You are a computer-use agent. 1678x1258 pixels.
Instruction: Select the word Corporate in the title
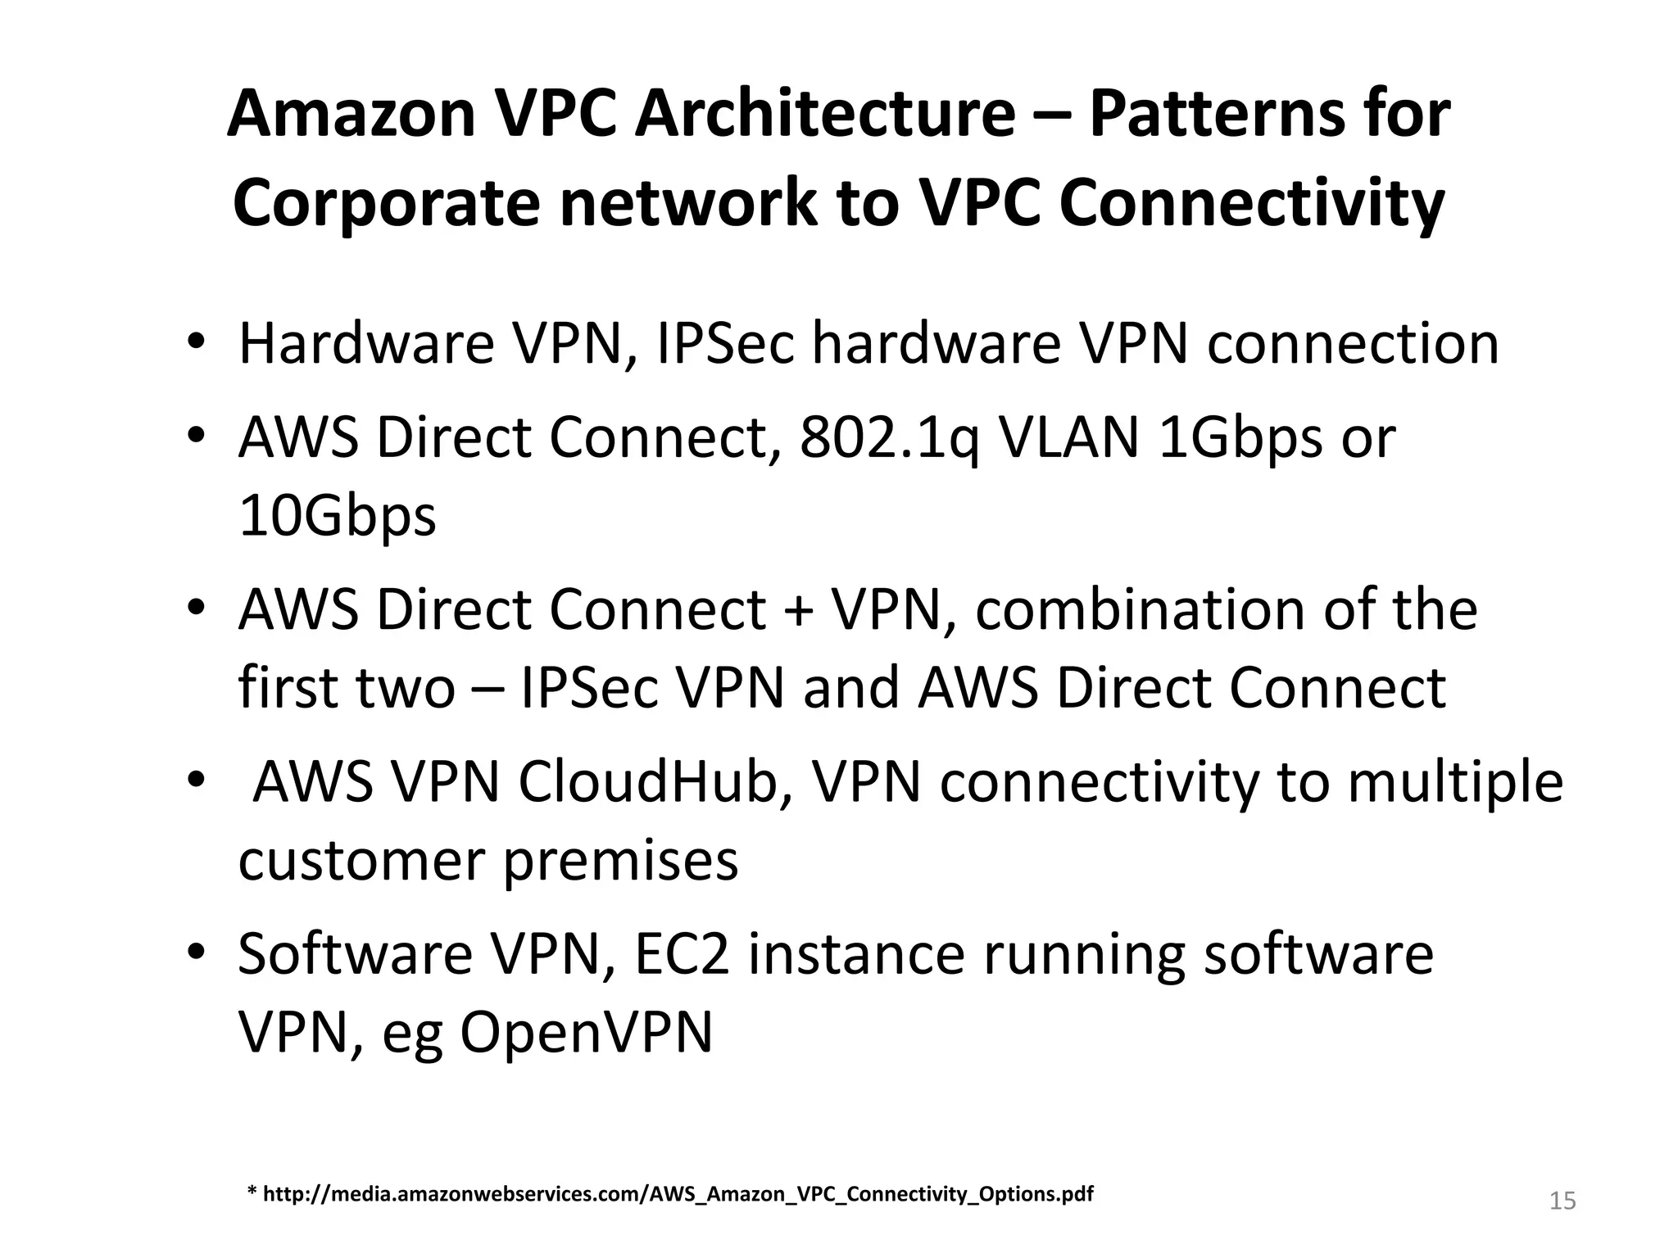(386, 203)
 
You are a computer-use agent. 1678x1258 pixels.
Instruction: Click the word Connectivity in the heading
(1251, 203)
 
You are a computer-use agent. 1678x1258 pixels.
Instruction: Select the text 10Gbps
(337, 516)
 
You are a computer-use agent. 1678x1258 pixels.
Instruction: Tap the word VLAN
(1068, 437)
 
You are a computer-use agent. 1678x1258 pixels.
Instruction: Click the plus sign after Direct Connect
(798, 610)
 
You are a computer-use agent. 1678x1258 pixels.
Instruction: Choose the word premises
(620, 861)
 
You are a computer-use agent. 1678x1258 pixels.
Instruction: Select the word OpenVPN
(586, 1033)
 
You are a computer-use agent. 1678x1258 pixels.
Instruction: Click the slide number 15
(1562, 1201)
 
